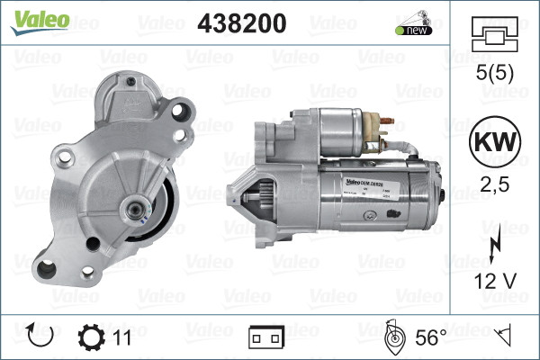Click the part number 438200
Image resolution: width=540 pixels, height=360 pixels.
coord(240,23)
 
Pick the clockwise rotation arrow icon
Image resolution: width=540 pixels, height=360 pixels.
coord(41,337)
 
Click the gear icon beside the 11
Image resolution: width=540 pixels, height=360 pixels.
coord(92,337)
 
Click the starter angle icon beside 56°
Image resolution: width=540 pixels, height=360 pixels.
coord(394,337)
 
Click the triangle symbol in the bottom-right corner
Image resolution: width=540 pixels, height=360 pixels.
coord(507,337)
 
